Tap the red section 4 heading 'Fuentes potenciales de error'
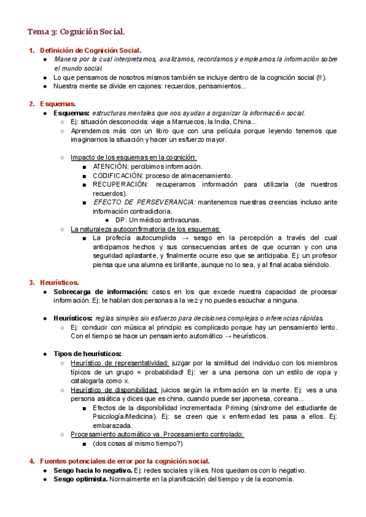pyautogui.click(x=124, y=461)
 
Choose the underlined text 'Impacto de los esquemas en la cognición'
pyautogui.click(x=134, y=157)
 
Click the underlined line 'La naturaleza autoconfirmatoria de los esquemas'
pyautogui.click(x=146, y=229)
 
